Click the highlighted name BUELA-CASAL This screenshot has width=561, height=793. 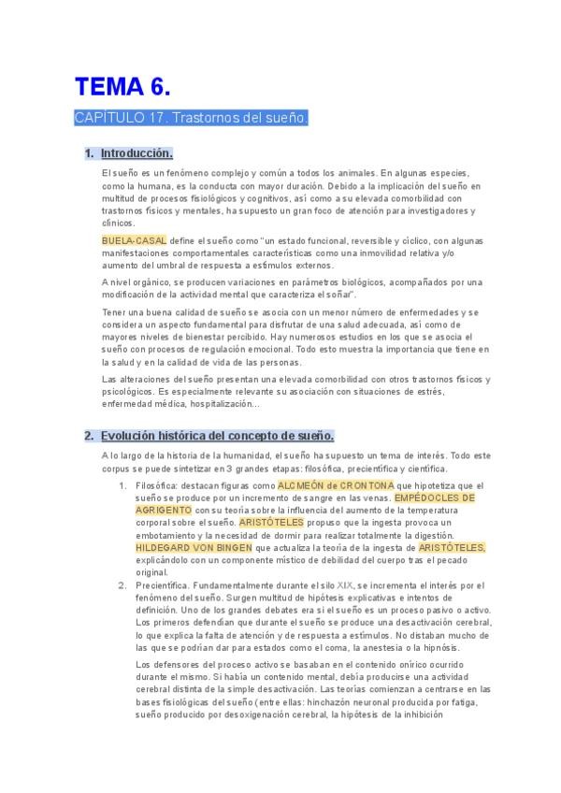point(134,240)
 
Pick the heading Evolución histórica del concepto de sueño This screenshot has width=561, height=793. point(217,436)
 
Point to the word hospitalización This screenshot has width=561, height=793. point(212,403)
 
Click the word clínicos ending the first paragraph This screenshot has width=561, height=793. point(118,223)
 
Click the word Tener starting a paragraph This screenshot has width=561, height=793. point(113,311)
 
